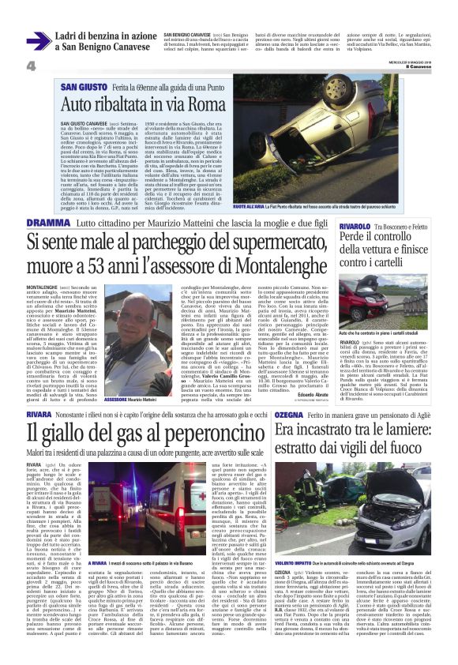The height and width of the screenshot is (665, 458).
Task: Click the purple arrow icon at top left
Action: click(x=39, y=40)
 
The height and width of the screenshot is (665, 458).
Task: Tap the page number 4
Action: click(x=32, y=65)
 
